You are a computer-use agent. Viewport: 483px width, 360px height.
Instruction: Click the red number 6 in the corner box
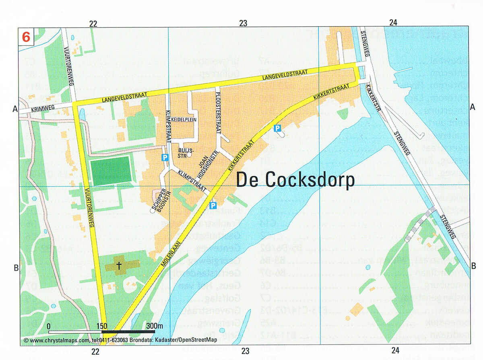coord(26,37)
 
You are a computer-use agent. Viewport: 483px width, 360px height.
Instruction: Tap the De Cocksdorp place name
coord(295,180)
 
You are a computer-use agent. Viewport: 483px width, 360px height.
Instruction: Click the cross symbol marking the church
coord(119,265)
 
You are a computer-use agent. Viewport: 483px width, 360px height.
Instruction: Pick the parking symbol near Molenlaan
coord(213,206)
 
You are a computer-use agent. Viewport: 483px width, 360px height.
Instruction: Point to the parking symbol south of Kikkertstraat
coord(277,128)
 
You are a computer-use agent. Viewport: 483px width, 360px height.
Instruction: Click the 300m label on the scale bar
coord(154,326)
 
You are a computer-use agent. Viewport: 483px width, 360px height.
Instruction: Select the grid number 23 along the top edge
coord(243,23)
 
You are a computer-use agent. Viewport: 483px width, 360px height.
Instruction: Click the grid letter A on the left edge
coord(15,108)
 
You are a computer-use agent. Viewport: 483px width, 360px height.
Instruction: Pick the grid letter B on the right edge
coord(473,265)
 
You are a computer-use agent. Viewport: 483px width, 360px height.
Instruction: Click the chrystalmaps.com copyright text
coord(120,340)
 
